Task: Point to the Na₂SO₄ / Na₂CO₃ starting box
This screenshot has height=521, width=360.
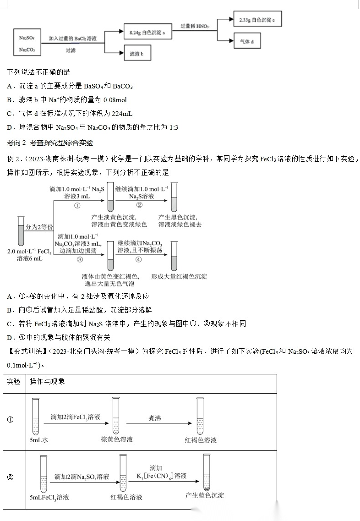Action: coord(27,43)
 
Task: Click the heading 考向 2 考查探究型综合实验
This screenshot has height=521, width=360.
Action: coord(50,143)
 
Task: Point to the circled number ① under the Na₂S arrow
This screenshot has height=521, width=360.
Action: coord(77,205)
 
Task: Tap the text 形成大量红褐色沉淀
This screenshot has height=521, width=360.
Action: coord(179,276)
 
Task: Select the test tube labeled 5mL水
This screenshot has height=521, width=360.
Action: coord(36,416)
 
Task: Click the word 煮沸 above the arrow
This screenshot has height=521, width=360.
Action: coord(155,418)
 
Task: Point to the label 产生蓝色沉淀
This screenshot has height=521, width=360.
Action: coord(205,495)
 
